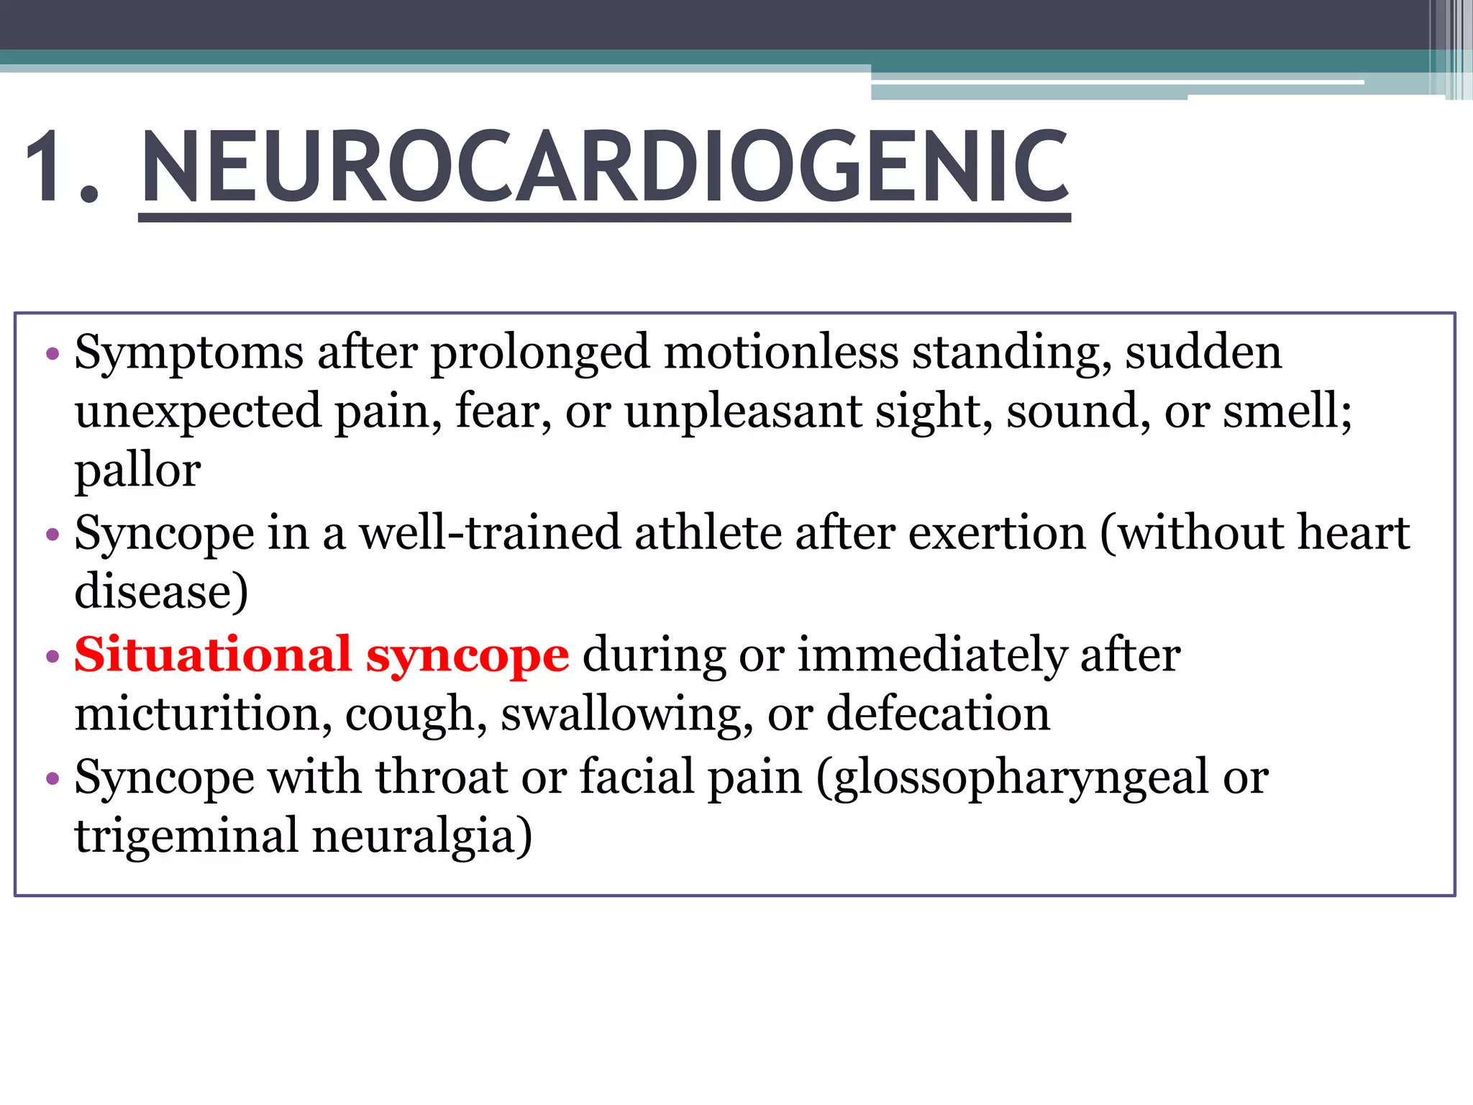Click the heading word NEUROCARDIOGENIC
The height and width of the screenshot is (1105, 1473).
(604, 167)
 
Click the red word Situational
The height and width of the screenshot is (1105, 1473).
(212, 655)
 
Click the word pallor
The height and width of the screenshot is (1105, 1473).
(137, 472)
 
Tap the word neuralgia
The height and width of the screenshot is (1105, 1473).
(421, 837)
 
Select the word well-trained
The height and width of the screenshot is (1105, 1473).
(490, 533)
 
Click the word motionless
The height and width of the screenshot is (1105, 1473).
(781, 353)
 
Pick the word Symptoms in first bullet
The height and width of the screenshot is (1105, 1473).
(189, 354)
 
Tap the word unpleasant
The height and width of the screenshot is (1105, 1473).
(743, 412)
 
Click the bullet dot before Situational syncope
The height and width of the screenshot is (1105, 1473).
(52, 656)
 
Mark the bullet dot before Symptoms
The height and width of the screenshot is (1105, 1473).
(52, 354)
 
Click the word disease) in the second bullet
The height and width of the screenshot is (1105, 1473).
(161, 592)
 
